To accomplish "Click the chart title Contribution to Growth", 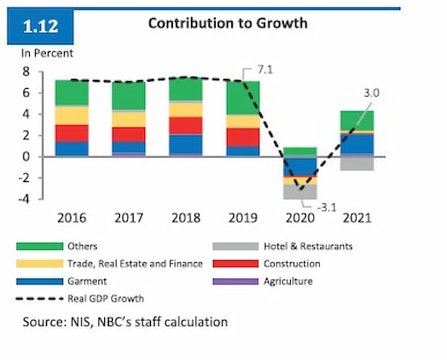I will [227, 23].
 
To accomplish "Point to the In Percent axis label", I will [49, 54].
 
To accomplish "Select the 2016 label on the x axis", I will [71, 218].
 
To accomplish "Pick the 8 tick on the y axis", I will [27, 72].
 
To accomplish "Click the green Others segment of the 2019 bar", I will [243, 98].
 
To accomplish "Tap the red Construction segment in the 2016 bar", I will [71, 133].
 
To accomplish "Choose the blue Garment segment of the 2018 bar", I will [186, 144].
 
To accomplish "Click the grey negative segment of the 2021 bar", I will [356, 164].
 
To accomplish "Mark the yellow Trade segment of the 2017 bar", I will [128, 119].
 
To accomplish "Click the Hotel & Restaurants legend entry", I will [308, 246].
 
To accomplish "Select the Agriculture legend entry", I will [288, 281].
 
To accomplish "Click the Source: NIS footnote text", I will [125, 322].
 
